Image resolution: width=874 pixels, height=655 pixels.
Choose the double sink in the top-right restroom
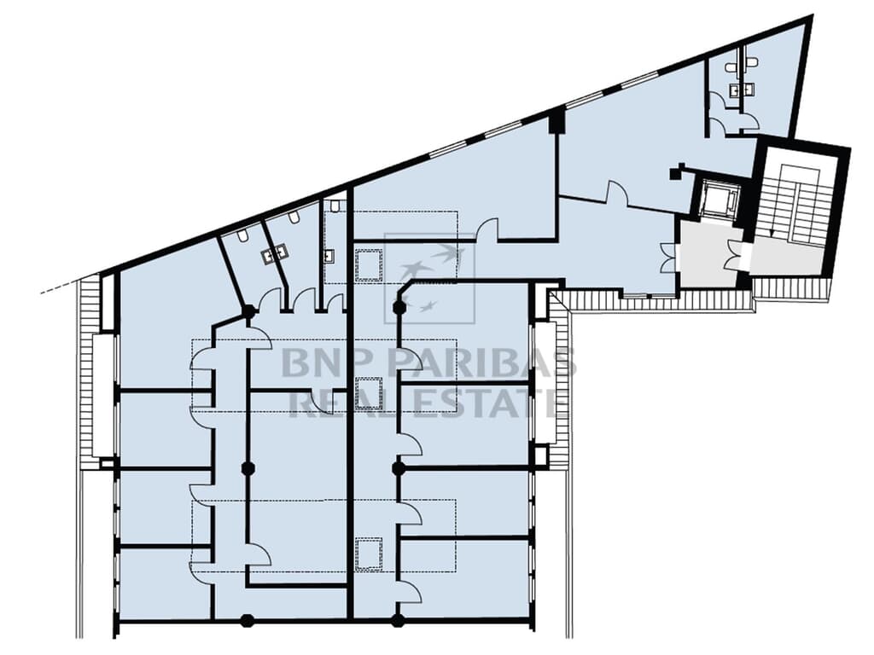pos(735,90)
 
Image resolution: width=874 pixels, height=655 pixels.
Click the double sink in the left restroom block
pos(276,252)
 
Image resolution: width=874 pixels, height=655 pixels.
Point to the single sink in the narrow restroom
pos(330,254)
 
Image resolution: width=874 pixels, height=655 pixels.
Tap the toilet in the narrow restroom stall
pos(335,206)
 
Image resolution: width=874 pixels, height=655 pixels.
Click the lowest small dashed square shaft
pos(369,553)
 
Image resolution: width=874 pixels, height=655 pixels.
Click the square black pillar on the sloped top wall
pos(556,120)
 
